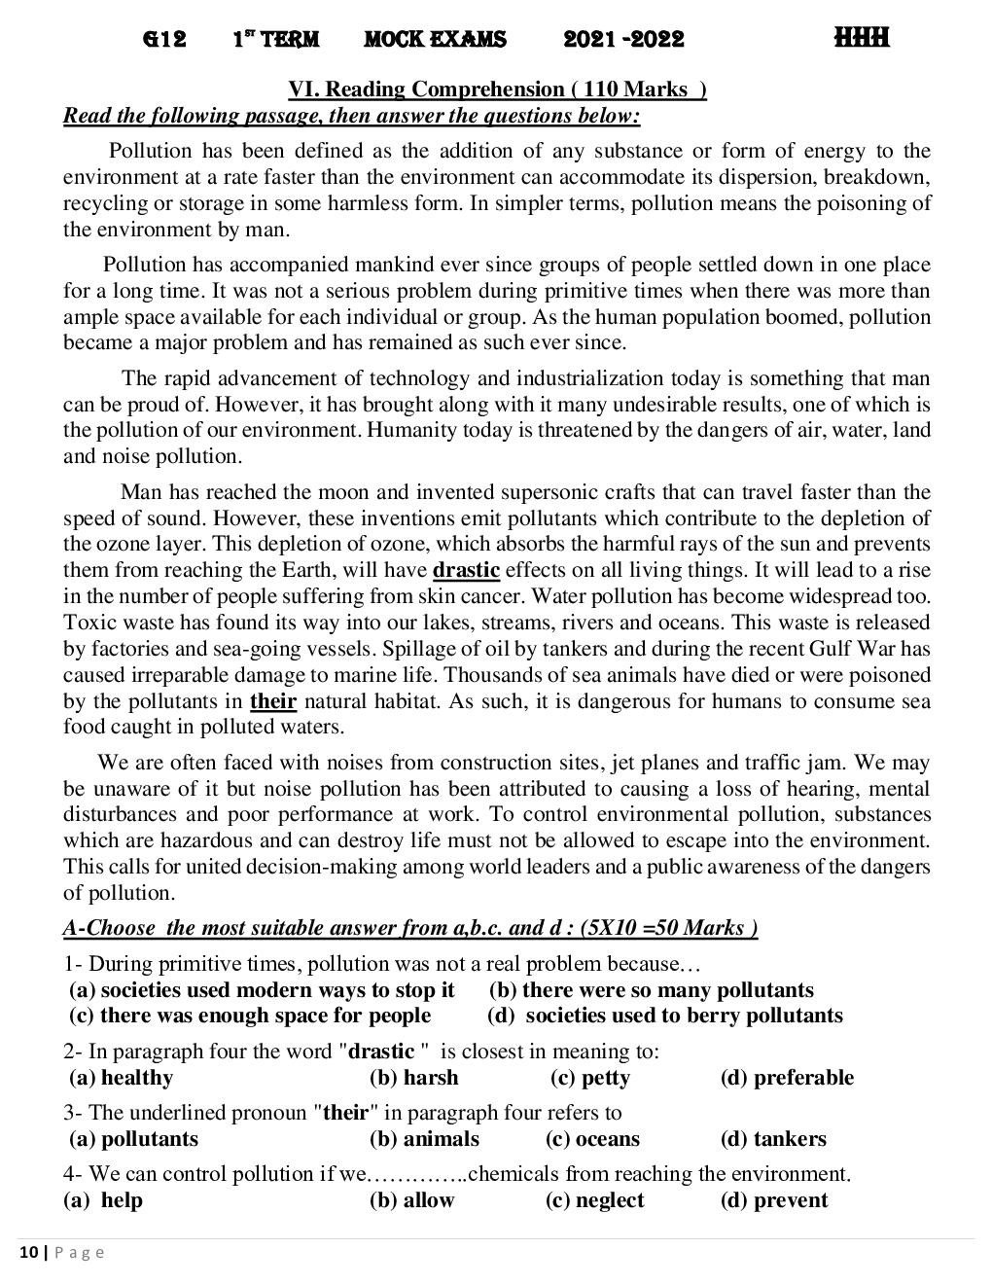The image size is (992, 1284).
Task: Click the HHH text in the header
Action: (x=861, y=39)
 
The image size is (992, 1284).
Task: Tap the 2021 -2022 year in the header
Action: (x=623, y=40)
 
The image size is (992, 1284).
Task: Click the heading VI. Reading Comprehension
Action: (x=497, y=89)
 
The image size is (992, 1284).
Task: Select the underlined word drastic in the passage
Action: (x=466, y=570)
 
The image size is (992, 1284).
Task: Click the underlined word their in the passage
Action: (x=272, y=701)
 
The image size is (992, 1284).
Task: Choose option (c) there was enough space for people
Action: (x=250, y=1016)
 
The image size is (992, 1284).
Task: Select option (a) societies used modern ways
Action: (x=262, y=990)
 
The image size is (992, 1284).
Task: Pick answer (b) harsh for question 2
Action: (x=414, y=1078)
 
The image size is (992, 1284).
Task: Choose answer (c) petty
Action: (x=590, y=1078)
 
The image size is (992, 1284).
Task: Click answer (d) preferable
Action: (x=787, y=1078)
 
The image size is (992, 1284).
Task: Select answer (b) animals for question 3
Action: (x=424, y=1139)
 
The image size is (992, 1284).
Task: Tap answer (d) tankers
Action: (x=773, y=1139)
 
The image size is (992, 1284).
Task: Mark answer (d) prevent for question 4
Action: (x=774, y=1200)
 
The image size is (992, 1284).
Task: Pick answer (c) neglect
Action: (x=594, y=1200)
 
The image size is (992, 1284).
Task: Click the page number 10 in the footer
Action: (x=27, y=1253)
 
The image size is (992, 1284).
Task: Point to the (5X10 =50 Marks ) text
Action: (x=668, y=928)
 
